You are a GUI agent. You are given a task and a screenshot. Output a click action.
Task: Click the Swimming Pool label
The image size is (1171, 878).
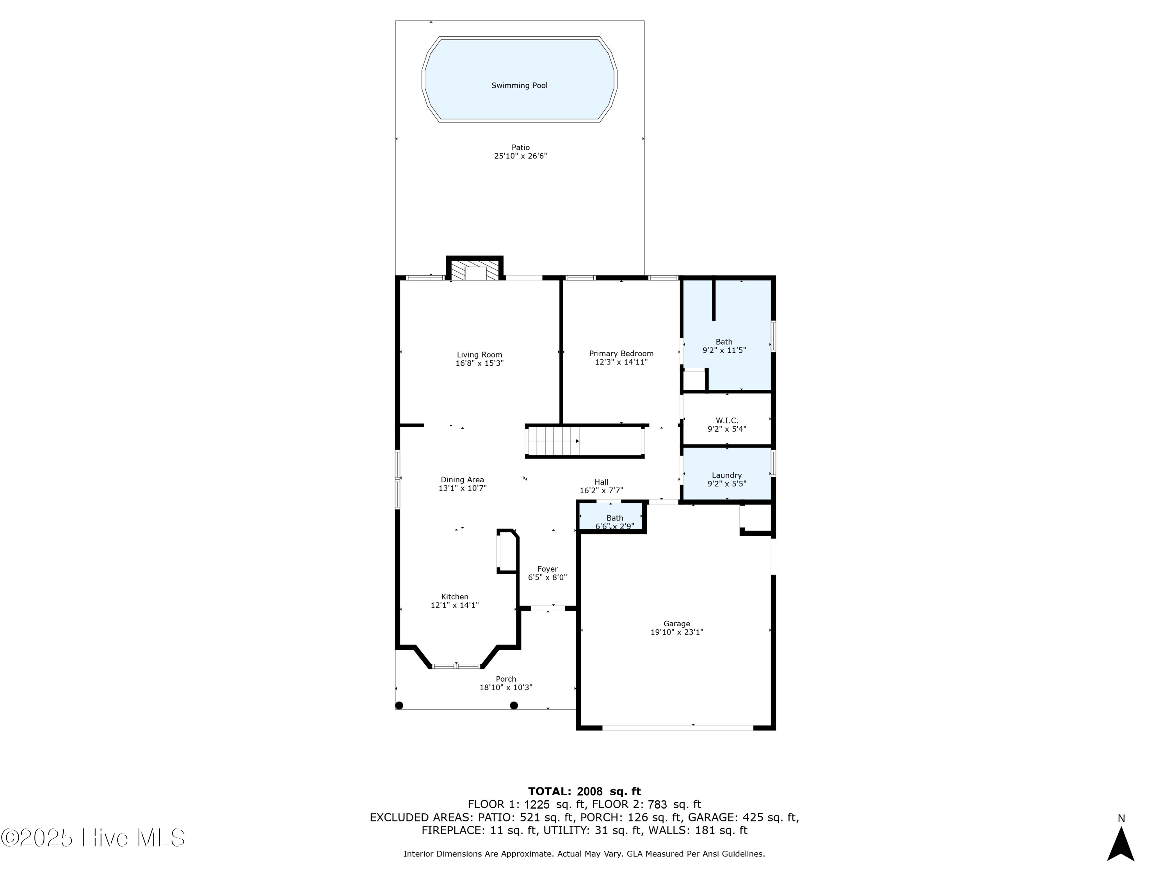(x=519, y=86)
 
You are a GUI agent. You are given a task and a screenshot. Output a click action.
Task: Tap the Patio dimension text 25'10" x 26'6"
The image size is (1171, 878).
(x=520, y=156)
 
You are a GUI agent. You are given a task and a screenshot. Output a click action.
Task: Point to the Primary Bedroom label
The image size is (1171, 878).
(x=621, y=354)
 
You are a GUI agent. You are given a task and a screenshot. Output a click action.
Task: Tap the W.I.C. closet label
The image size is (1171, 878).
(x=726, y=421)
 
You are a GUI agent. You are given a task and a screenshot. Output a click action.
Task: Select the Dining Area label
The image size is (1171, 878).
(x=462, y=480)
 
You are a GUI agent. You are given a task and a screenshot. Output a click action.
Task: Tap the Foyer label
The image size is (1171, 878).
(x=547, y=569)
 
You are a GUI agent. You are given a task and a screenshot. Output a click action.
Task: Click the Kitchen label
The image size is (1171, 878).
(x=455, y=597)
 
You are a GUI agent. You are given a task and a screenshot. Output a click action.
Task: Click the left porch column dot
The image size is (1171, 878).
(x=400, y=706)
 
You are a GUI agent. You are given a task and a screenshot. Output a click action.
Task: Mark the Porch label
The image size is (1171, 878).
(x=505, y=679)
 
